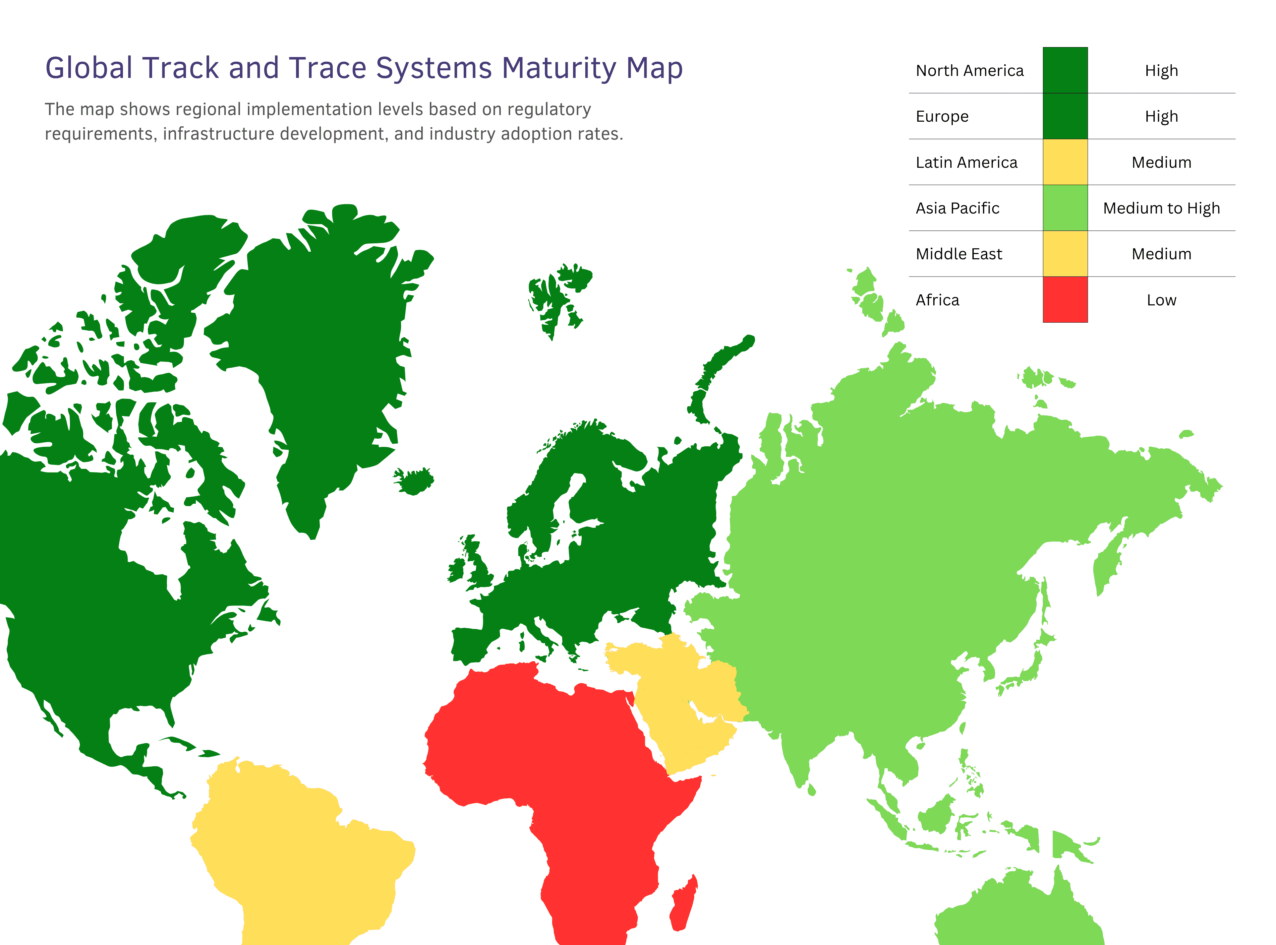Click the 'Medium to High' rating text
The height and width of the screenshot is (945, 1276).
click(x=1161, y=208)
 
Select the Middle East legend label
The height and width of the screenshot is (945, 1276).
click(x=959, y=254)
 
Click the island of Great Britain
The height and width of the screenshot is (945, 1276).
click(x=477, y=566)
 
